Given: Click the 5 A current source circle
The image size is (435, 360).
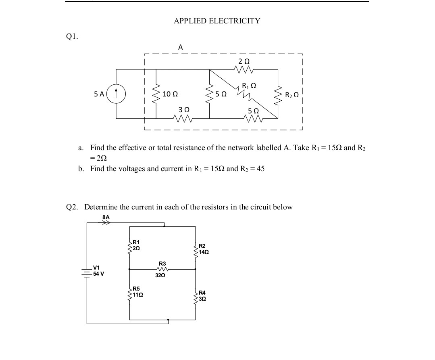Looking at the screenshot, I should (117, 94).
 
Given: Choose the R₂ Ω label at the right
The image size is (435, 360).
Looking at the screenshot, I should (291, 96).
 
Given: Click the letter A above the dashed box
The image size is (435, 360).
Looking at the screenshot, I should (180, 47).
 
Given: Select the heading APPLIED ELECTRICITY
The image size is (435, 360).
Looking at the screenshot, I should (217, 21).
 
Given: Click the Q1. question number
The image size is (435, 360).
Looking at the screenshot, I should (72, 36).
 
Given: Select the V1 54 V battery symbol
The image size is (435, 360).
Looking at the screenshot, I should (87, 273).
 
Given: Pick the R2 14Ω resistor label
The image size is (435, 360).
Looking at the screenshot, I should (203, 249).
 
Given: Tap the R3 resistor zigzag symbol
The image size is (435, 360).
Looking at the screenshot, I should (162, 269).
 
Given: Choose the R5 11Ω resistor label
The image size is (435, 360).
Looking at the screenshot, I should (137, 292).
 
